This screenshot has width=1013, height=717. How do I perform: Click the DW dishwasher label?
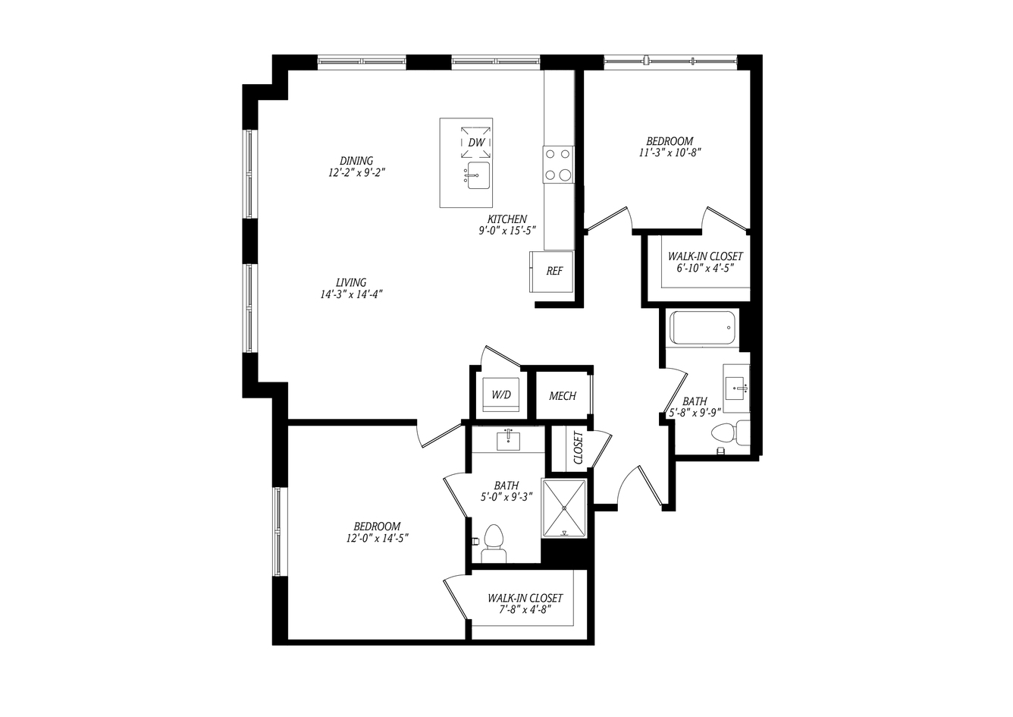[476, 143]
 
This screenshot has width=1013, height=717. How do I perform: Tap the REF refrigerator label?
[554, 271]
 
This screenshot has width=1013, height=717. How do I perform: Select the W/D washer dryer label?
[501, 395]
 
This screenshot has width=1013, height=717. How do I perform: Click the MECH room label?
[563, 396]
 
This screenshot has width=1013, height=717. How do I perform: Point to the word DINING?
[356, 161]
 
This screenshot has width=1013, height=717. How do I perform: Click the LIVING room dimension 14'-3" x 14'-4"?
[352, 294]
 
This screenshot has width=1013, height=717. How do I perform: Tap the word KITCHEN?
[507, 219]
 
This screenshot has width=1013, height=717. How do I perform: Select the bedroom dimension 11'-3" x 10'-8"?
[670, 153]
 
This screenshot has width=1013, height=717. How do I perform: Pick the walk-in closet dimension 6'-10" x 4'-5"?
[705, 268]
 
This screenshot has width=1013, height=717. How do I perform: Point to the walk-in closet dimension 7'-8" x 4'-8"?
[525, 610]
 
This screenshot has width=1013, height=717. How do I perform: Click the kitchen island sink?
[478, 175]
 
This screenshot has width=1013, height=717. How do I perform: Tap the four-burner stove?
[559, 165]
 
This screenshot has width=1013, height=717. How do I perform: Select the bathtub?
[702, 327]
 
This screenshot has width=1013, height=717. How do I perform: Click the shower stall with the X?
[564, 508]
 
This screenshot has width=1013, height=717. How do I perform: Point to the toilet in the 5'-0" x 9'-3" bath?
[494, 544]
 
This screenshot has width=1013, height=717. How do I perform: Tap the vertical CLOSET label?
[579, 448]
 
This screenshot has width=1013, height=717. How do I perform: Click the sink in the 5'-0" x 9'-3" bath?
[508, 440]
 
